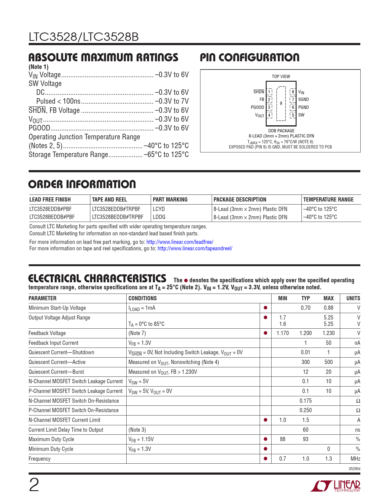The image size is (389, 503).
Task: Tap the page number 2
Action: click(x=34, y=485)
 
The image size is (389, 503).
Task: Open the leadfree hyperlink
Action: click(x=180, y=242)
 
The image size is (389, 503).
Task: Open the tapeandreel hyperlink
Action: click(x=195, y=248)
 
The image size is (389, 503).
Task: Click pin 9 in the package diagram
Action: click(x=281, y=103)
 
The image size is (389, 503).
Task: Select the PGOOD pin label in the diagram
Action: click(x=257, y=107)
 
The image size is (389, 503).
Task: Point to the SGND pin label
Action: click(x=303, y=99)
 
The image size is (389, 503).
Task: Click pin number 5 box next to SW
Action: click(x=293, y=115)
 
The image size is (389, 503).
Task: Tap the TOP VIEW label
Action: click(x=281, y=77)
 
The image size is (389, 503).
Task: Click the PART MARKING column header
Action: click(x=170, y=200)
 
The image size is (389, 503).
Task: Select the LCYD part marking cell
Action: click(x=159, y=209)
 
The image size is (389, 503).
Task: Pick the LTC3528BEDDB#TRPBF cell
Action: click(x=117, y=217)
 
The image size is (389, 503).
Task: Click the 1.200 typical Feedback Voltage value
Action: click(x=305, y=333)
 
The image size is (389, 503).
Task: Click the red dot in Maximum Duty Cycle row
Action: click(x=265, y=439)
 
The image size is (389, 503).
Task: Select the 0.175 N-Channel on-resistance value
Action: click(x=305, y=401)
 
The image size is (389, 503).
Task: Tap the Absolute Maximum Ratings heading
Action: click(x=103, y=58)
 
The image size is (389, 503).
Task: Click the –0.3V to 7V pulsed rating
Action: click(x=172, y=101)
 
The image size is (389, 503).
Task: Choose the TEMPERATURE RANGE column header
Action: click(x=328, y=200)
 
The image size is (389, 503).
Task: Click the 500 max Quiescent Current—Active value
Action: click(x=328, y=362)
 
